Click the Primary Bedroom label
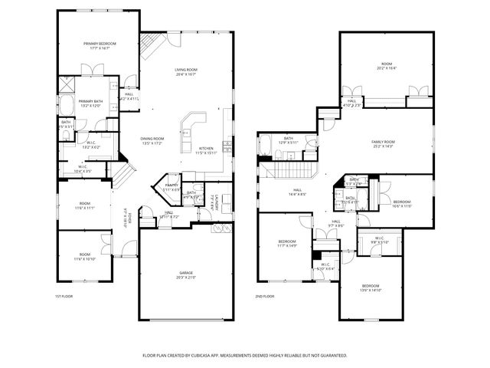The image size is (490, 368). [x=100, y=44]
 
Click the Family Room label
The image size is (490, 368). [x=383, y=142]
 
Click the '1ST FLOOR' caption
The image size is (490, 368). [x=63, y=296]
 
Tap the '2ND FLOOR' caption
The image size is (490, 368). [x=265, y=296]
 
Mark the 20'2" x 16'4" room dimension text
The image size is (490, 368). [x=387, y=68]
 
